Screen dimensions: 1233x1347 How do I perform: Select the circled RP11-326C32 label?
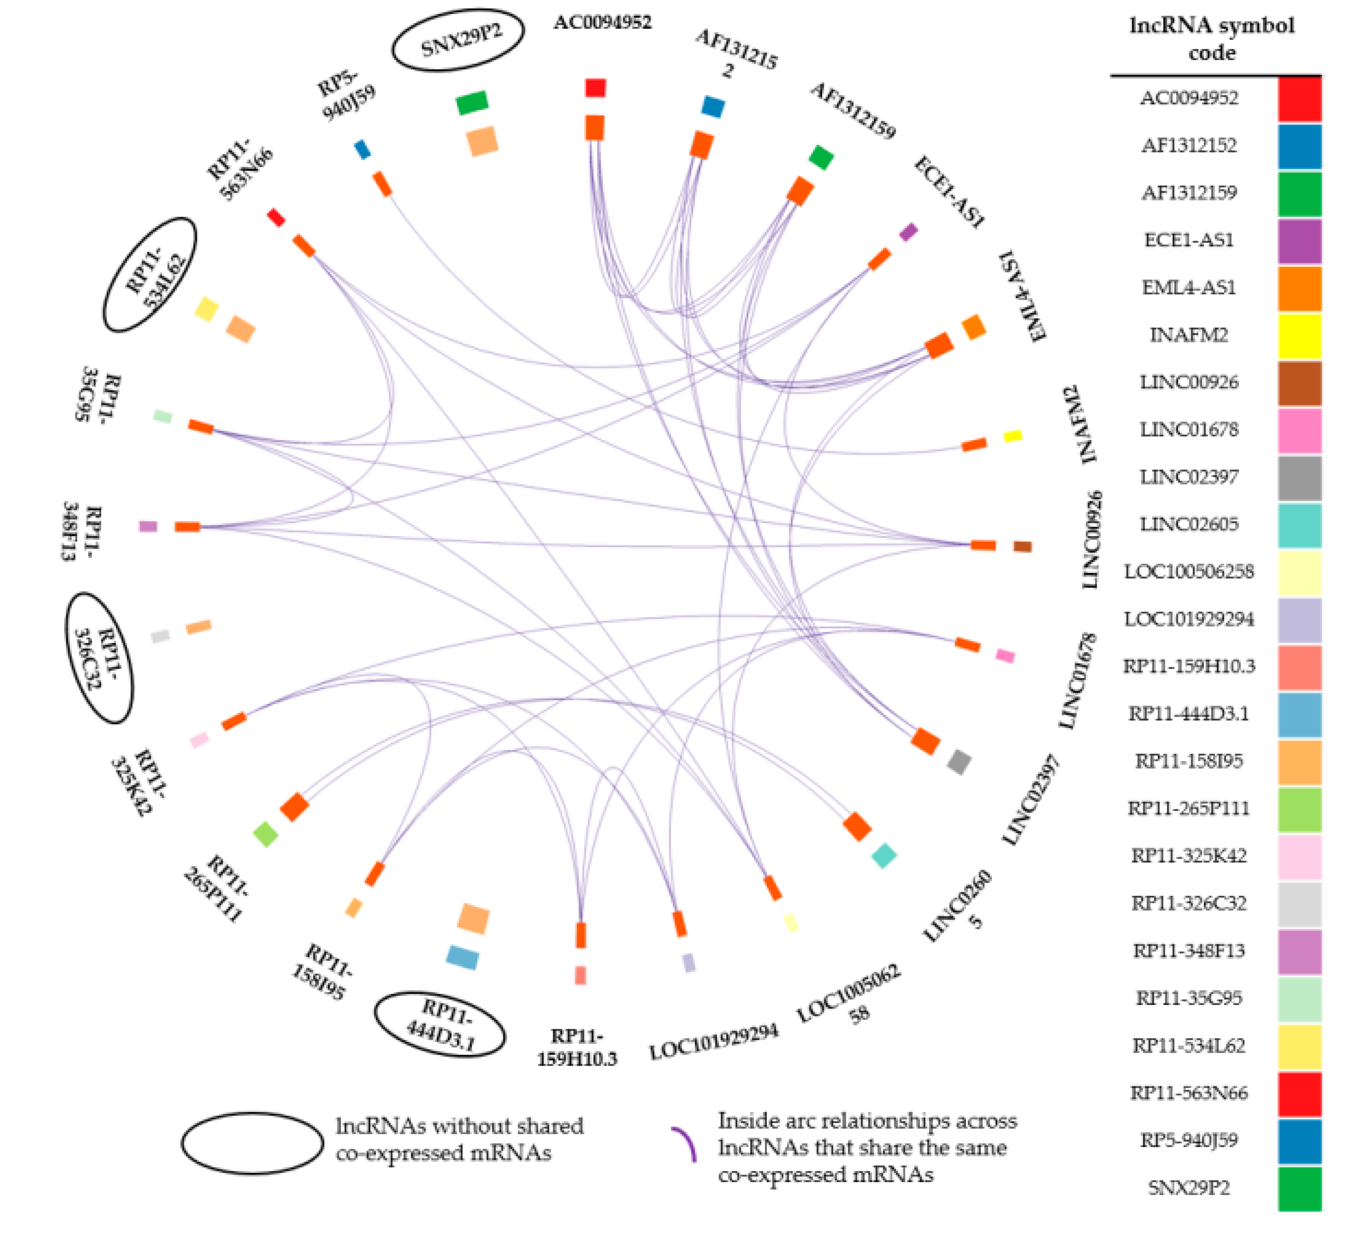pos(99,658)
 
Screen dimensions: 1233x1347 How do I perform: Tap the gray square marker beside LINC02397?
pos(959,762)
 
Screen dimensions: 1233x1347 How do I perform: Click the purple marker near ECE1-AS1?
pos(909,233)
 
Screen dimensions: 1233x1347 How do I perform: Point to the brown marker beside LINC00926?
pos(1022,547)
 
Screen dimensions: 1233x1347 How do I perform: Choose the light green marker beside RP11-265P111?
pos(266,834)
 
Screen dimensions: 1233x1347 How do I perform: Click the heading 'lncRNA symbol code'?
pos(1212,39)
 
